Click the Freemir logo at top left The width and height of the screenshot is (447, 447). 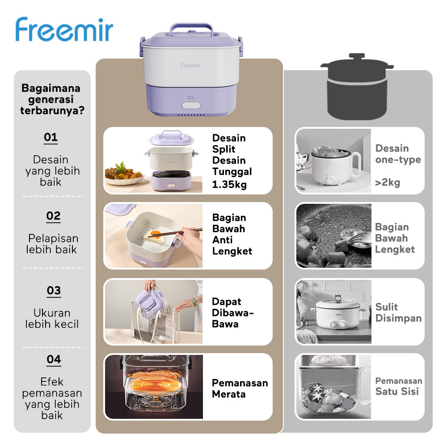click(x=64, y=30)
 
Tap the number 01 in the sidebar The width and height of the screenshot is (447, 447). click(x=51, y=137)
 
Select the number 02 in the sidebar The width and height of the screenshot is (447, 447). click(x=53, y=216)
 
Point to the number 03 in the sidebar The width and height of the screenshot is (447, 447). click(x=54, y=291)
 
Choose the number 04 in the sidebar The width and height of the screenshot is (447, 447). click(x=53, y=359)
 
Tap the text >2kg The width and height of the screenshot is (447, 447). click(x=388, y=182)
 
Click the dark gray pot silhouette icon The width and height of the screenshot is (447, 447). click(x=357, y=89)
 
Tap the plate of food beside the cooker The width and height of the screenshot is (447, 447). click(x=124, y=174)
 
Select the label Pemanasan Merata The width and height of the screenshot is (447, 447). click(x=240, y=388)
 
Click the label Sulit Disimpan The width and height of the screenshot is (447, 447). click(x=398, y=312)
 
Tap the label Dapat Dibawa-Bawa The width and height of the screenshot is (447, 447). click(x=232, y=312)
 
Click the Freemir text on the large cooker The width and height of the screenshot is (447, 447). click(x=190, y=65)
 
